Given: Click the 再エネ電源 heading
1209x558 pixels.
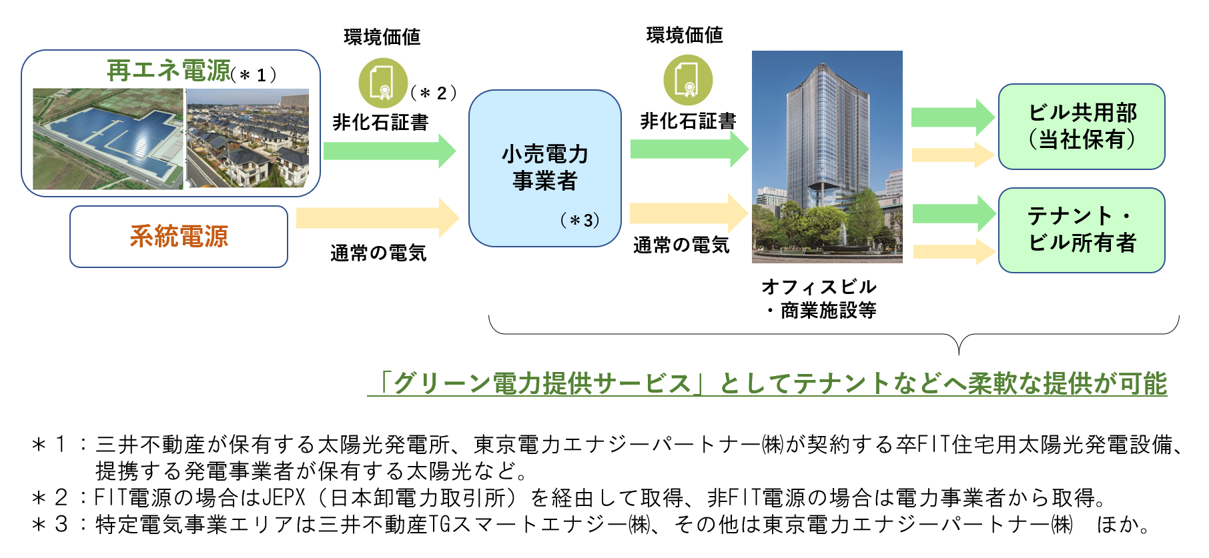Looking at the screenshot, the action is click(x=169, y=70).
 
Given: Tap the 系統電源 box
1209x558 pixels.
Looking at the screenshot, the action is click(x=179, y=237).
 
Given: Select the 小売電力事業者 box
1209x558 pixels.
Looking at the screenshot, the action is click(x=545, y=169).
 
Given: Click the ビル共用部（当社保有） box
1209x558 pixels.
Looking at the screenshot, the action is click(x=1082, y=127).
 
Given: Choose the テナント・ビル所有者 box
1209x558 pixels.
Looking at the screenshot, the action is click(x=1082, y=230).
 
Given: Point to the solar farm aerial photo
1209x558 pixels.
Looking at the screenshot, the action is click(x=108, y=139).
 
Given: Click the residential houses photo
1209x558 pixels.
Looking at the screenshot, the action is click(x=248, y=139).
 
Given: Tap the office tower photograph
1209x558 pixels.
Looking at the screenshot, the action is click(x=827, y=157).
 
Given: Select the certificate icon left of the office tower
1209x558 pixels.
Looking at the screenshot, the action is click(x=688, y=80).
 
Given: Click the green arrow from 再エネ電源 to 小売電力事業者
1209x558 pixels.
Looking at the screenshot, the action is click(x=390, y=151).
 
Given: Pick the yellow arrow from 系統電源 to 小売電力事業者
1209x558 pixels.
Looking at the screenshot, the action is click(x=378, y=218).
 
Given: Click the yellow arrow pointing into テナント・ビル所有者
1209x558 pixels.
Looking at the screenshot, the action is click(x=954, y=252).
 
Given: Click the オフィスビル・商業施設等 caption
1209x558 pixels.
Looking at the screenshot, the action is click(x=819, y=299).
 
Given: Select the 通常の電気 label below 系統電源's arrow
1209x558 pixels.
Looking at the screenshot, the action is click(x=378, y=253).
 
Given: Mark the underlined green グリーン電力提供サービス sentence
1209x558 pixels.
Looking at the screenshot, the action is click(x=767, y=383).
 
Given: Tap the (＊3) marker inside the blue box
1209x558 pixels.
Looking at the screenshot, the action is click(x=580, y=220).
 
